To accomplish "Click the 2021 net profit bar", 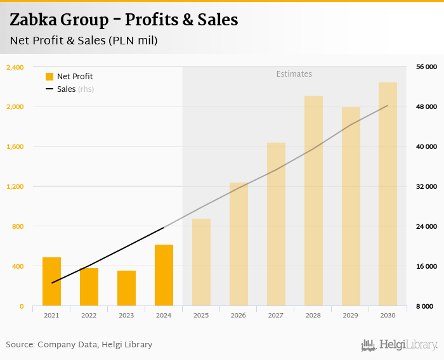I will (51, 281).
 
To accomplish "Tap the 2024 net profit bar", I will (164, 275).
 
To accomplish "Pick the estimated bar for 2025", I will (201, 262).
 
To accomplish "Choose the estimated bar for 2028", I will (313, 201).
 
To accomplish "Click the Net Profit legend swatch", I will (49, 77).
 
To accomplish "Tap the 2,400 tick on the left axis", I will (15, 67).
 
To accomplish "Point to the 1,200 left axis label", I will (15, 186).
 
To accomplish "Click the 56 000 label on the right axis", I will (426, 67).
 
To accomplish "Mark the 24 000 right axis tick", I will (426, 226).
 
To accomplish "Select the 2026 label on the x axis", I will (238, 315).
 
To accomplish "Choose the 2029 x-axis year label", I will (350, 315).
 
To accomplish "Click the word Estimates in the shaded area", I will (294, 74).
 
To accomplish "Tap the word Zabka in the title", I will (31, 20).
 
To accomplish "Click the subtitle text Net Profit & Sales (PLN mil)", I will (84, 41).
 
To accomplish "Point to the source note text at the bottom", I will (79, 345).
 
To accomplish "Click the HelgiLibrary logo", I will (399, 345).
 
